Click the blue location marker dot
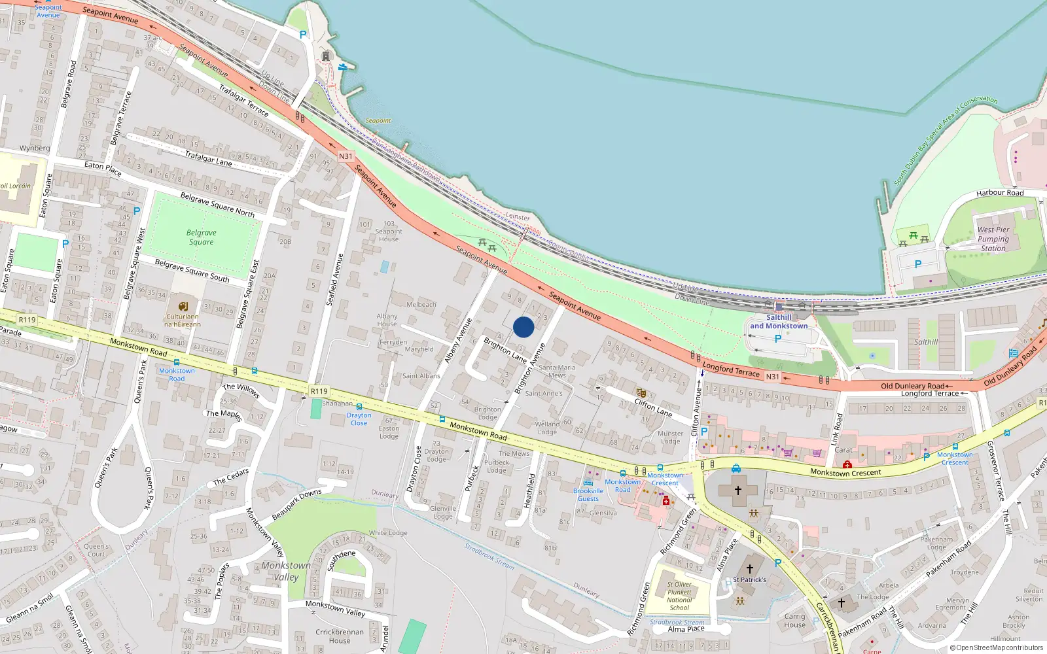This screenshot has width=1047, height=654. pyautogui.click(x=523, y=327)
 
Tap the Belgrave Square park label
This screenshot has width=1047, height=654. pyautogui.click(x=201, y=237)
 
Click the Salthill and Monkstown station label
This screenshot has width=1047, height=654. pyautogui.click(x=779, y=322)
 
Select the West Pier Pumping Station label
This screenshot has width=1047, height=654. pyautogui.click(x=993, y=239)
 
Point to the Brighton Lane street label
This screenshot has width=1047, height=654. pyautogui.click(x=505, y=350)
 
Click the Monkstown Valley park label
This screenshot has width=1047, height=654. pyautogui.click(x=286, y=571)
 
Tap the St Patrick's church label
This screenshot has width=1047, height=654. pyautogui.click(x=749, y=579)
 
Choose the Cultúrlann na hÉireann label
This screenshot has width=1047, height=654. pyautogui.click(x=183, y=320)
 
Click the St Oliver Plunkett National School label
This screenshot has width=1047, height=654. pyautogui.click(x=679, y=596)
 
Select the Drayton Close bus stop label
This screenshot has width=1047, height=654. pyautogui.click(x=359, y=419)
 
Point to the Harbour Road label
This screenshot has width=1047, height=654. pyautogui.click(x=1000, y=193)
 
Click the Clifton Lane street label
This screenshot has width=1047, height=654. pyautogui.click(x=653, y=408)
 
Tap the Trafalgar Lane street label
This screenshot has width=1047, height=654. pyautogui.click(x=208, y=158)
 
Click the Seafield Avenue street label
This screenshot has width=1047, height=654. pyautogui.click(x=334, y=280)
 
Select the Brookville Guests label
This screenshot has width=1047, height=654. pyautogui.click(x=588, y=494)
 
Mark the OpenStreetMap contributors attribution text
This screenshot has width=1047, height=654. pyautogui.click(x=997, y=647)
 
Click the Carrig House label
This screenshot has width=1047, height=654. pyautogui.click(x=795, y=621)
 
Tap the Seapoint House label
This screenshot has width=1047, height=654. pyautogui.click(x=389, y=235)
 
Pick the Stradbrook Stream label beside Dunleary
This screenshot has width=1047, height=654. pyautogui.click(x=489, y=555)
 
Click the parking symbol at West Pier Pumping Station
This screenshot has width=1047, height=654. pyautogui.click(x=917, y=264)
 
